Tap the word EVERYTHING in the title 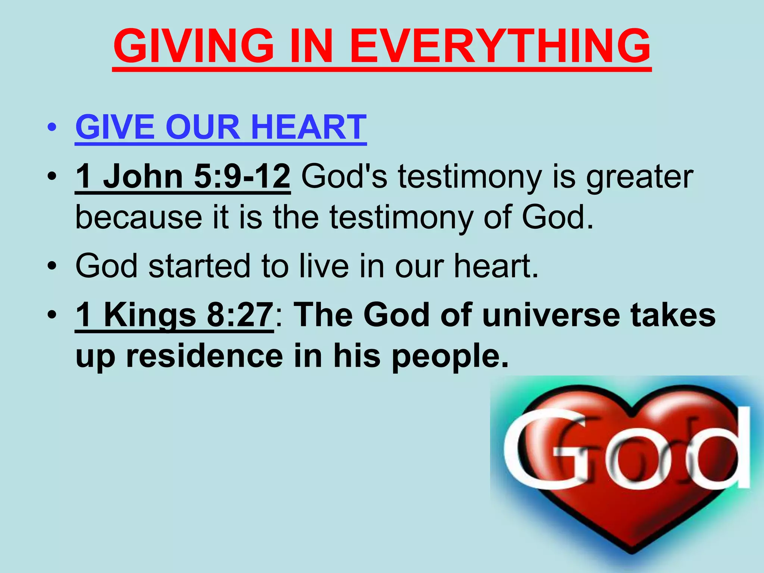coord(500,46)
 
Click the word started coord(200,266)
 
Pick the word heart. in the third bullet coord(496,266)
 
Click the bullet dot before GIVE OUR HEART coord(52,128)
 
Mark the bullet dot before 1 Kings coord(52,315)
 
